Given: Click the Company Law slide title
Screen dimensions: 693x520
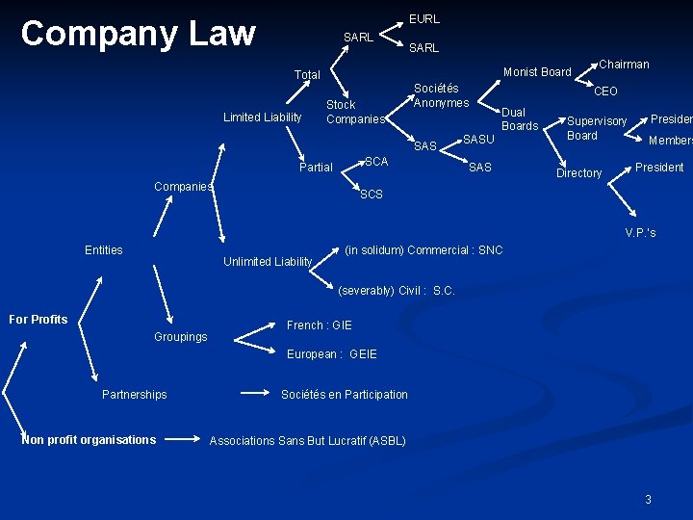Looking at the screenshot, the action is pos(138,34).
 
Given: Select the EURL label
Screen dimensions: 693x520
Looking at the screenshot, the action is pos(424,18).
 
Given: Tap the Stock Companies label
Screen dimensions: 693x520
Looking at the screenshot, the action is pos(354,112).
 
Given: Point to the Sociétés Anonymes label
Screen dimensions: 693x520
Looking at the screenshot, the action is pos(441,95).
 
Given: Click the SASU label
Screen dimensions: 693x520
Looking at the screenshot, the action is pos(478,141).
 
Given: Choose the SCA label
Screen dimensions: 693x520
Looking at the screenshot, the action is pos(376,162).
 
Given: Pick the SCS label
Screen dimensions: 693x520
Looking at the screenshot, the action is pos(371,195).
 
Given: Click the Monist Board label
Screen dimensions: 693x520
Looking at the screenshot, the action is pos(537,71).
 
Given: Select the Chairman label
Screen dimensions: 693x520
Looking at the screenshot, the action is pos(624,65).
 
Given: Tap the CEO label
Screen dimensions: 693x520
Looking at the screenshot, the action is pos(605,91).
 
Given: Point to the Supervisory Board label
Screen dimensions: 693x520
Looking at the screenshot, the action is pos(596,128).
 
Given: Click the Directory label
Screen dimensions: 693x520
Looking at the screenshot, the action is pos(578,173).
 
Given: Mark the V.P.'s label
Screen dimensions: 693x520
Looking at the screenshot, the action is pos(640,233).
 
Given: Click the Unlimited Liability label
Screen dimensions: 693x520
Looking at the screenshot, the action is pos(268,262).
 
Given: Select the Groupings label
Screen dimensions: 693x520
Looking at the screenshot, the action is pos(180,337).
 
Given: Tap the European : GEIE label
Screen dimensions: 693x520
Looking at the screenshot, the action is pos(332,354).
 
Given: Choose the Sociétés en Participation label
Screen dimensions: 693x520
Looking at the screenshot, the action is pos(345,395).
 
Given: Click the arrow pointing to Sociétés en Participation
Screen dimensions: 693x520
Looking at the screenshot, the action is pos(255,393).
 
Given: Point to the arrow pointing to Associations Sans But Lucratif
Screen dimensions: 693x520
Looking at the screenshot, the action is pos(184,439).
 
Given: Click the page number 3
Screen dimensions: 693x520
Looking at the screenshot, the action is pos(648,499).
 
